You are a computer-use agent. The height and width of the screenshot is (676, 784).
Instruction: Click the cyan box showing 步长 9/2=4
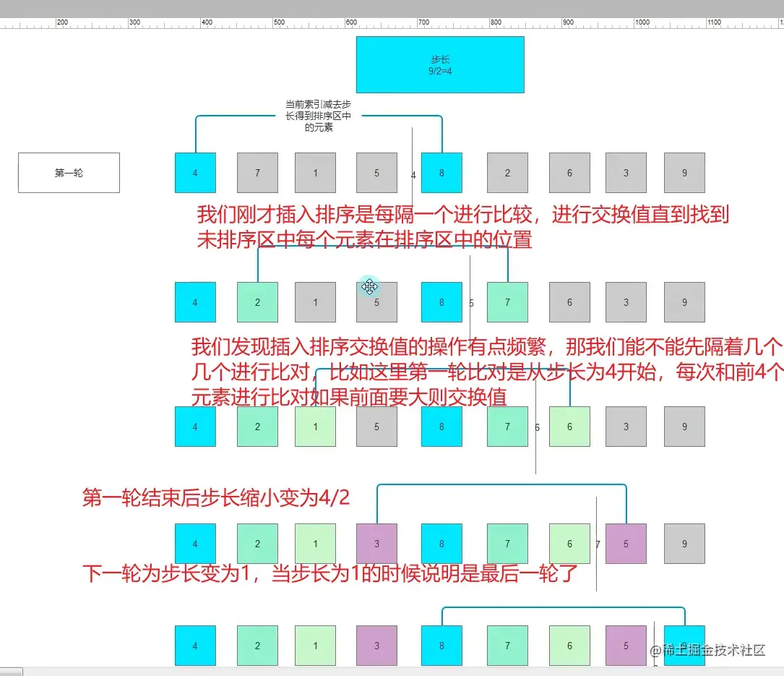[x=440, y=65]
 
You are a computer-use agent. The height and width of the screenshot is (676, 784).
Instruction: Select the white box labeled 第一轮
[x=69, y=173]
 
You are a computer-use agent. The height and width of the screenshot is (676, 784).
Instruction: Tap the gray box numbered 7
[x=257, y=173]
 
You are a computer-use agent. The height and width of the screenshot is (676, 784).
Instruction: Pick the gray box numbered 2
[x=507, y=173]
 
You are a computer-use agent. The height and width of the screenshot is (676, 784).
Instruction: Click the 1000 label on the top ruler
[x=642, y=22]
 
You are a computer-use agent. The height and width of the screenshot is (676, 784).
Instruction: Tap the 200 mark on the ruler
[x=62, y=22]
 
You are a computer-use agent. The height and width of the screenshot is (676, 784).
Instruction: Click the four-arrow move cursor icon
[x=370, y=287]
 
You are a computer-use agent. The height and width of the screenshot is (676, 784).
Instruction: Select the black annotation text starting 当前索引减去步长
[x=319, y=116]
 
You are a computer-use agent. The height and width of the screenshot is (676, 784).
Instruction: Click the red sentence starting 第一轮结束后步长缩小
[x=216, y=497]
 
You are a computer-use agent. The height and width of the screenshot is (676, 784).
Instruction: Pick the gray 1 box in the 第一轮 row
[x=315, y=173]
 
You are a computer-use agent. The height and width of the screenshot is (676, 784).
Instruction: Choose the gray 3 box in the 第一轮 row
[x=626, y=173]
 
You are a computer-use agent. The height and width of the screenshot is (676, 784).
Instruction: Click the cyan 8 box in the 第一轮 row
[x=441, y=173]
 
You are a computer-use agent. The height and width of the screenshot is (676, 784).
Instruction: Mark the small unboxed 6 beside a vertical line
[x=537, y=427]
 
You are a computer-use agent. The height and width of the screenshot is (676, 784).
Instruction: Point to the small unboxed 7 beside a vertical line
[x=598, y=544]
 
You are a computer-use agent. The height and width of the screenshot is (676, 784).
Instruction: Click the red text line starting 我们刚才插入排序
[x=462, y=215]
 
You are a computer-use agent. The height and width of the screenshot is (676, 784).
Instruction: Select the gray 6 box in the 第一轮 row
[x=569, y=173]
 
